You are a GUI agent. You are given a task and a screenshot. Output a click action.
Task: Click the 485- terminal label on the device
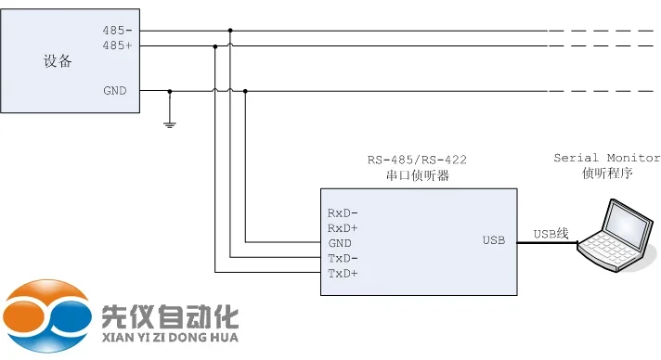pos(115,31)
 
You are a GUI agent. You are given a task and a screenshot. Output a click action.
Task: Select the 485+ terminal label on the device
pos(115,45)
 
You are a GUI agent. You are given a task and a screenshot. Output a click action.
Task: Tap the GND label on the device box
pos(115,91)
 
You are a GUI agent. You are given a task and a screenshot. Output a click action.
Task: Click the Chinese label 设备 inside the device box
pos(58,62)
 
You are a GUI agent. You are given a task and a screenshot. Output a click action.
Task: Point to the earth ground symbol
pos(169,121)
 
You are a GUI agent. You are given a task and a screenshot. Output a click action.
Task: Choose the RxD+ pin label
pos(343,227)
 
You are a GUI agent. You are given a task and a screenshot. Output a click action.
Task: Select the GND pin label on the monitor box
pos(339,242)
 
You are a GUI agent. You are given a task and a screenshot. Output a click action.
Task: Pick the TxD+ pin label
pos(343,274)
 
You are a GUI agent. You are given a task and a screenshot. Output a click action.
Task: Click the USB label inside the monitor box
pos(493,241)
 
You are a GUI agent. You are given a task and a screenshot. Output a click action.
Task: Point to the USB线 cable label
pos(551,234)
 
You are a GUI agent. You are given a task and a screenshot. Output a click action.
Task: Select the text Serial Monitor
pos(606,159)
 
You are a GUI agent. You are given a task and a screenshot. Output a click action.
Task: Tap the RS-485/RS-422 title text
pos(417,160)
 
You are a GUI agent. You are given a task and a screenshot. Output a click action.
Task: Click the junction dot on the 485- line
pos(230,30)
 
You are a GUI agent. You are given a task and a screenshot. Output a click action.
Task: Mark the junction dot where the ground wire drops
pos(169,91)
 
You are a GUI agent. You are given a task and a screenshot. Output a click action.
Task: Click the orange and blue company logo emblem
pos(47,316)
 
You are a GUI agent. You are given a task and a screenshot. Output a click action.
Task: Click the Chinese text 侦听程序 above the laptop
pos(606,174)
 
